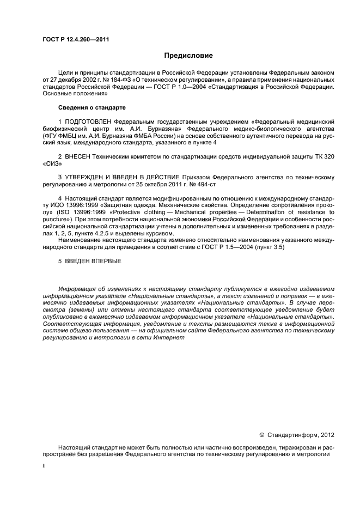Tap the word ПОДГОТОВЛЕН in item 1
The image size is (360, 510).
[x=89, y=120]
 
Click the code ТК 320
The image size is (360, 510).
[x=324, y=156]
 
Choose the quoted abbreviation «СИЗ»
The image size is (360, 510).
[x=51, y=163]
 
